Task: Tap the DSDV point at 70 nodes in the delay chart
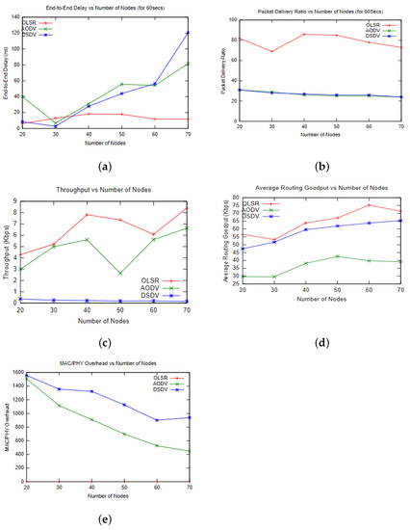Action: (x=188, y=33)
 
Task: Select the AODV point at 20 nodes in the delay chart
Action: (x=20, y=96)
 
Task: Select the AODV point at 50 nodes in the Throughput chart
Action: (x=120, y=273)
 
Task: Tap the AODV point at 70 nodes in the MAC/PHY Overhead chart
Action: (x=188, y=451)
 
